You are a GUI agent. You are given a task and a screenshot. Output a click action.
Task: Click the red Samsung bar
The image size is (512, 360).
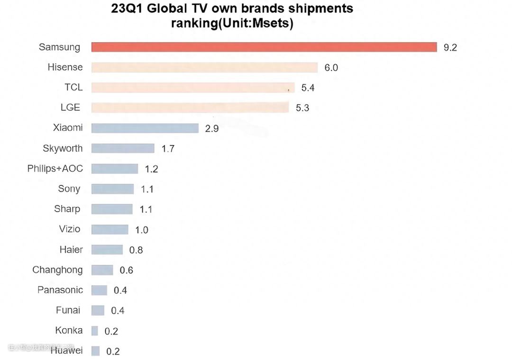(x=264, y=47)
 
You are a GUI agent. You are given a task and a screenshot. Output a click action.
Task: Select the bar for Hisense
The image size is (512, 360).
(x=204, y=67)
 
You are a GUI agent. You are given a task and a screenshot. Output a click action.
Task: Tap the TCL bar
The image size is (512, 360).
(x=192, y=88)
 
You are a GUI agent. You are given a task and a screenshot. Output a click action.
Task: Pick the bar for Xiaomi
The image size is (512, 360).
(x=145, y=128)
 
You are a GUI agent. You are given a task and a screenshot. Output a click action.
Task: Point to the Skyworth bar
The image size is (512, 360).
(x=122, y=148)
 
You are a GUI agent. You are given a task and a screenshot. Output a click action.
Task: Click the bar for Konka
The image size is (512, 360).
(x=95, y=331)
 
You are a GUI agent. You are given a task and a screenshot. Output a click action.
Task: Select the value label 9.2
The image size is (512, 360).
(x=450, y=47)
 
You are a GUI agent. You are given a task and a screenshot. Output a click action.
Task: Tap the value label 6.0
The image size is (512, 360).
(x=331, y=68)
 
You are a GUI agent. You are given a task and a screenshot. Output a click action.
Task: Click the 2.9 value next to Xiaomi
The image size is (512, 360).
(x=212, y=128)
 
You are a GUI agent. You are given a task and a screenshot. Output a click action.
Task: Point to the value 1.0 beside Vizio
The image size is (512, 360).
(x=142, y=230)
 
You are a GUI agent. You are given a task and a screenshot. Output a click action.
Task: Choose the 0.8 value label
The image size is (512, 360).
(x=136, y=250)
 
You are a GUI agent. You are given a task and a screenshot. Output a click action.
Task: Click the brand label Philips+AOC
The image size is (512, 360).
(x=55, y=169)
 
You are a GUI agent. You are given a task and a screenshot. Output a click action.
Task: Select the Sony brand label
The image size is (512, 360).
(x=69, y=189)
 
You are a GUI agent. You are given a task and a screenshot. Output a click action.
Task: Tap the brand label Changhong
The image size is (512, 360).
(x=57, y=270)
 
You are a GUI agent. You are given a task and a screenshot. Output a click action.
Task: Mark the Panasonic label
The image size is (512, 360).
(x=60, y=290)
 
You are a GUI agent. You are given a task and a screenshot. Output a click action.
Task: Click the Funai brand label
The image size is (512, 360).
(x=68, y=310)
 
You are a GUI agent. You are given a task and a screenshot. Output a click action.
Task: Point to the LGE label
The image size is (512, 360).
(x=70, y=108)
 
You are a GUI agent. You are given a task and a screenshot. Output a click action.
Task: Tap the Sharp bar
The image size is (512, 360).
(x=112, y=209)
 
